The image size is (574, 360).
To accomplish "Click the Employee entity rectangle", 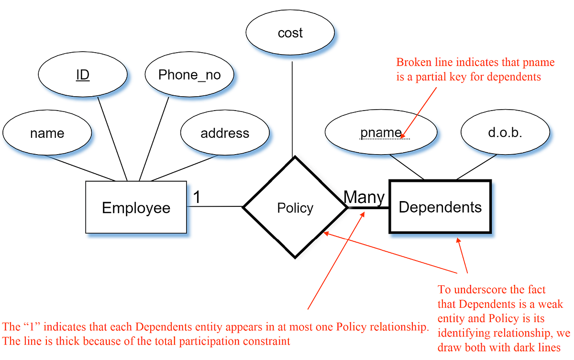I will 136,207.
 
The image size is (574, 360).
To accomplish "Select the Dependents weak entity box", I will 440,207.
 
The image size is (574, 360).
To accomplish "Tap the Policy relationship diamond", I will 295,208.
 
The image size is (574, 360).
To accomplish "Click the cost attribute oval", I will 290,33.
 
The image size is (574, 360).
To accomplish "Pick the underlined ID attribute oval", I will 83,75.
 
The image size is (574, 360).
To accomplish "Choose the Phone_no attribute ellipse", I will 189,75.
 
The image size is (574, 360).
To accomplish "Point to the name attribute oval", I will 47,133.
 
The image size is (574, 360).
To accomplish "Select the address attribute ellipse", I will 225,133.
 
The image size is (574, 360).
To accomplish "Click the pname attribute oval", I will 381,133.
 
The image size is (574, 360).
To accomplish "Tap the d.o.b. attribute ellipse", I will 505,133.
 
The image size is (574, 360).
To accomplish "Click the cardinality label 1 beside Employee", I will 196,197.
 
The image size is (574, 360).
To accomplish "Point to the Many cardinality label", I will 364,197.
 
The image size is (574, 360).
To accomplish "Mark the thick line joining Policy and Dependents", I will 368,208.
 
